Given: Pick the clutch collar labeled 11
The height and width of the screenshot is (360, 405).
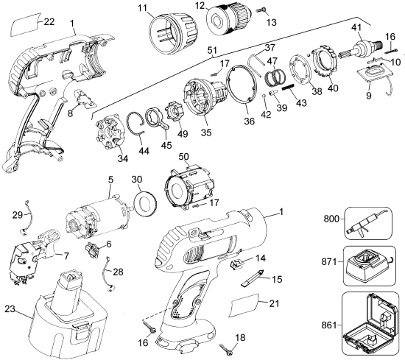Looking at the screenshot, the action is pyautogui.click(x=174, y=34).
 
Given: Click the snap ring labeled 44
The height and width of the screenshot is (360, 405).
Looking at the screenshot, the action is pyautogui.click(x=136, y=124).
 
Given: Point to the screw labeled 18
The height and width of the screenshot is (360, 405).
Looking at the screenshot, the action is pyautogui.click(x=226, y=348).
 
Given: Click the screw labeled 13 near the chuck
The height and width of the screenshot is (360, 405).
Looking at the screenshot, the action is pyautogui.click(x=261, y=10).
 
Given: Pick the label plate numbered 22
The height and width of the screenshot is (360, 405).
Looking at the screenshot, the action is pyautogui.click(x=25, y=24).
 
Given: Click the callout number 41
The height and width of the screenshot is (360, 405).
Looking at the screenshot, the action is pyautogui.click(x=356, y=27).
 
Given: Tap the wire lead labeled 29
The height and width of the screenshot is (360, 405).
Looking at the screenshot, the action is pyautogui.click(x=27, y=217).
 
